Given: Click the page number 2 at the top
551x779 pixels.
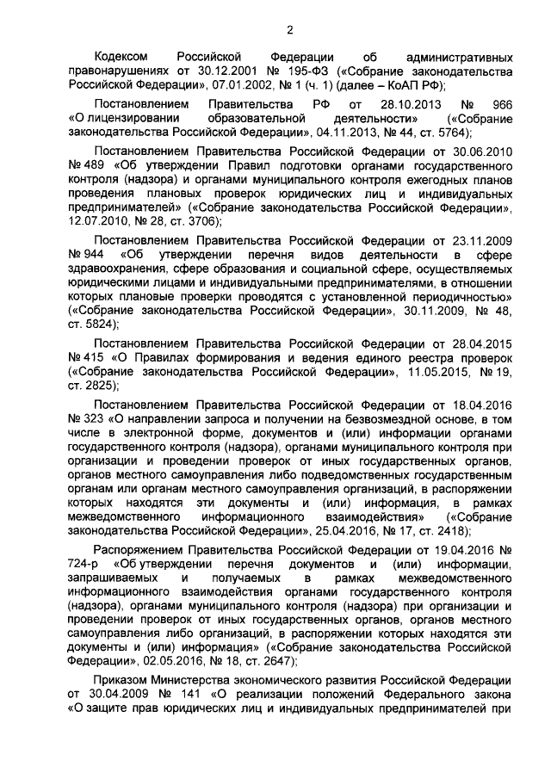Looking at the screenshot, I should pyautogui.click(x=290, y=30).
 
